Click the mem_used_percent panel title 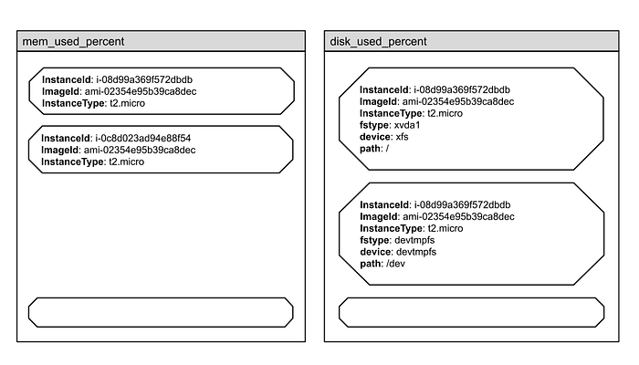pos(73,42)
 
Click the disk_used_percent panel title pos(378,42)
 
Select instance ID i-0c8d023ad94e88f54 pos(143,138)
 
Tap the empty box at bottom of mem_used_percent pos(161,312)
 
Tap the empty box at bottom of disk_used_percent pos(472,312)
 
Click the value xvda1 pos(407,125)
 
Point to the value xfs pos(402,137)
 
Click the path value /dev pos(395,264)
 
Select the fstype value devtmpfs pos(414,240)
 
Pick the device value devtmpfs pos(416,252)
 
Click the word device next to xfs pos(376,137)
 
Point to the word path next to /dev pos(372,264)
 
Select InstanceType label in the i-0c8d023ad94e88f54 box pos(73,162)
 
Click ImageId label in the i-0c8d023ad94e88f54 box pos(61,151)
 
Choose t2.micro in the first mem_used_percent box pos(127,103)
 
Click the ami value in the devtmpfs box pos(458,217)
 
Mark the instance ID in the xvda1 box pos(462,90)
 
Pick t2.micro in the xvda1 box pos(445,113)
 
